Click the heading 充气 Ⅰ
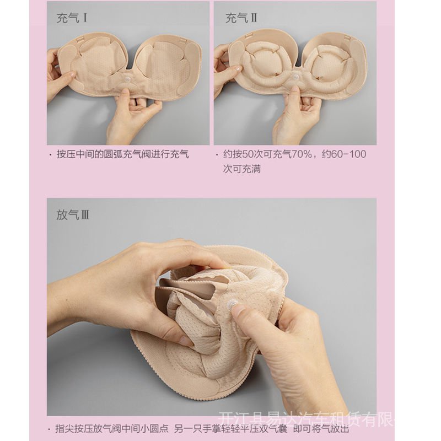click(x=72, y=19)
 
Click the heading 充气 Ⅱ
click(x=241, y=19)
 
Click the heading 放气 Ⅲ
click(x=72, y=214)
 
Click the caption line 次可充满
click(x=242, y=168)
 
